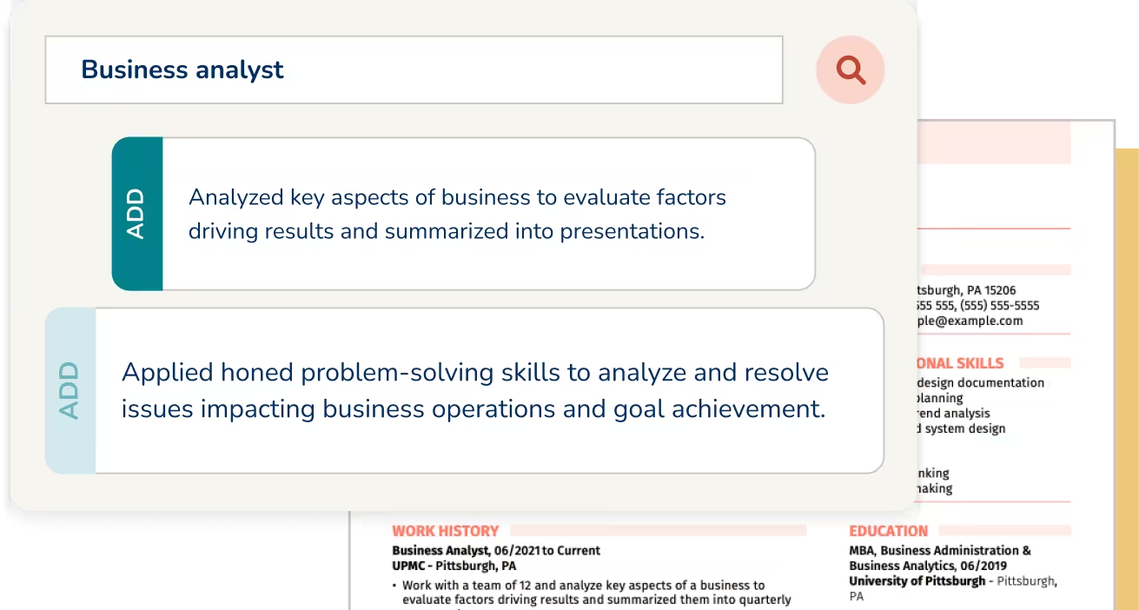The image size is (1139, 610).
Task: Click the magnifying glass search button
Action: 851,70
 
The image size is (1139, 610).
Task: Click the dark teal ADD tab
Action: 137,214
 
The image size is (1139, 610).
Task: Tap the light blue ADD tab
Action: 70,391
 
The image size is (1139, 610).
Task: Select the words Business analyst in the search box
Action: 182,70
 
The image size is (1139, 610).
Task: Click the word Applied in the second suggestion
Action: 167,373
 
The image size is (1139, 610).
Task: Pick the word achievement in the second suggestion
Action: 746,408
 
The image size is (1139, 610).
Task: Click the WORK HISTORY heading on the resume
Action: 445,531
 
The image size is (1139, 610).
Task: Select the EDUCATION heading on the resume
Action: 888,531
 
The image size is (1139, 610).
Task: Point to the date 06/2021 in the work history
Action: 519,550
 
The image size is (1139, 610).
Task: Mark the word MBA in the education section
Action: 863,550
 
